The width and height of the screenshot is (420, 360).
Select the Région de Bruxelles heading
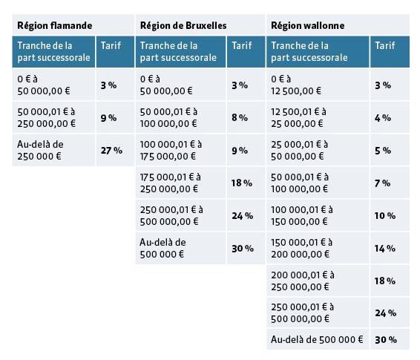tap(183, 24)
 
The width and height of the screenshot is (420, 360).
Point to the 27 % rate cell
tap(111, 151)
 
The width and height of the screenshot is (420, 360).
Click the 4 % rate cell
tap(382, 117)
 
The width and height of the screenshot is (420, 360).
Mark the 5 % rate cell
tap(382, 151)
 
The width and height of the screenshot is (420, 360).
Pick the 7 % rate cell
tap(382, 183)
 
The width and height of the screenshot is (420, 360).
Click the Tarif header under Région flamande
tap(111, 46)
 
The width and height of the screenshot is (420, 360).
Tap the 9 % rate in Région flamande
tap(108, 117)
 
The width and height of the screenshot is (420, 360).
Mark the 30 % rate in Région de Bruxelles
tap(242, 248)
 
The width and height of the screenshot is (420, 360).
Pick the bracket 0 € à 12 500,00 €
tap(297, 85)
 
